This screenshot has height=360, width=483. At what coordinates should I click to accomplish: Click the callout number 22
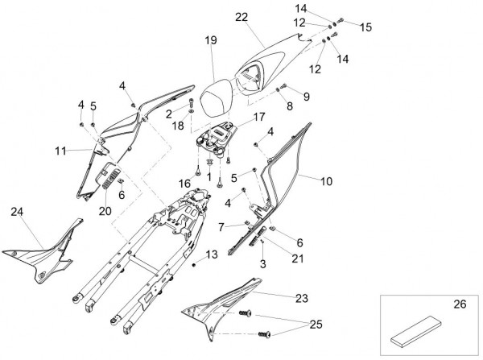(x=242, y=16)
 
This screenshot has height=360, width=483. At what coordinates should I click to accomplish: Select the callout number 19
(x=211, y=39)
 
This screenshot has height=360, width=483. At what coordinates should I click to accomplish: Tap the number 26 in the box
(x=460, y=305)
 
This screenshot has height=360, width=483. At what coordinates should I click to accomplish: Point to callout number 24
(x=18, y=212)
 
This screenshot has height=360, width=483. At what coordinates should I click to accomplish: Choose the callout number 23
(x=301, y=298)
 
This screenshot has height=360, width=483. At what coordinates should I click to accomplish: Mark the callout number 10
(x=326, y=183)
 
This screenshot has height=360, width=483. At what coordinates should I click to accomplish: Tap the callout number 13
(x=212, y=254)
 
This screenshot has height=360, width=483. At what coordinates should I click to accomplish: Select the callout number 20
(x=104, y=212)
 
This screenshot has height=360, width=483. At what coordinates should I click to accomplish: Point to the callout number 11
(x=61, y=151)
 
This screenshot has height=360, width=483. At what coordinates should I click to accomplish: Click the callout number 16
(x=184, y=184)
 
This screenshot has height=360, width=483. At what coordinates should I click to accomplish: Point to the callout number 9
(x=305, y=96)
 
